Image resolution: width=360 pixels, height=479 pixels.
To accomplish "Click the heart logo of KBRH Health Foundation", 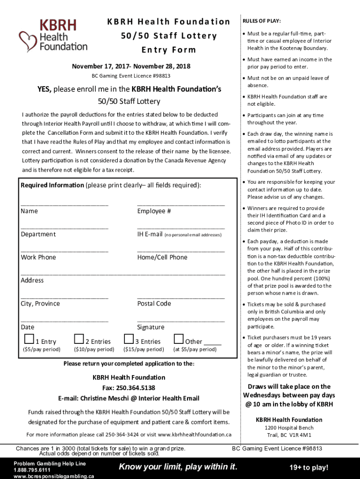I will point(28,41).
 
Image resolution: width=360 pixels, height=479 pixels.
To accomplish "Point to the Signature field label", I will point(151,327).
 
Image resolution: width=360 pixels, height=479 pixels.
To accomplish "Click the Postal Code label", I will point(154,304).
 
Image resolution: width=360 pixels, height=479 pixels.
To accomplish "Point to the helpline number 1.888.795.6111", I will point(32,470).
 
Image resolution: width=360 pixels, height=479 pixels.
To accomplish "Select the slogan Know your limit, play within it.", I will point(178,466).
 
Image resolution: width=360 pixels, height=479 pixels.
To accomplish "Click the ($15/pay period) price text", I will point(144,349).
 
